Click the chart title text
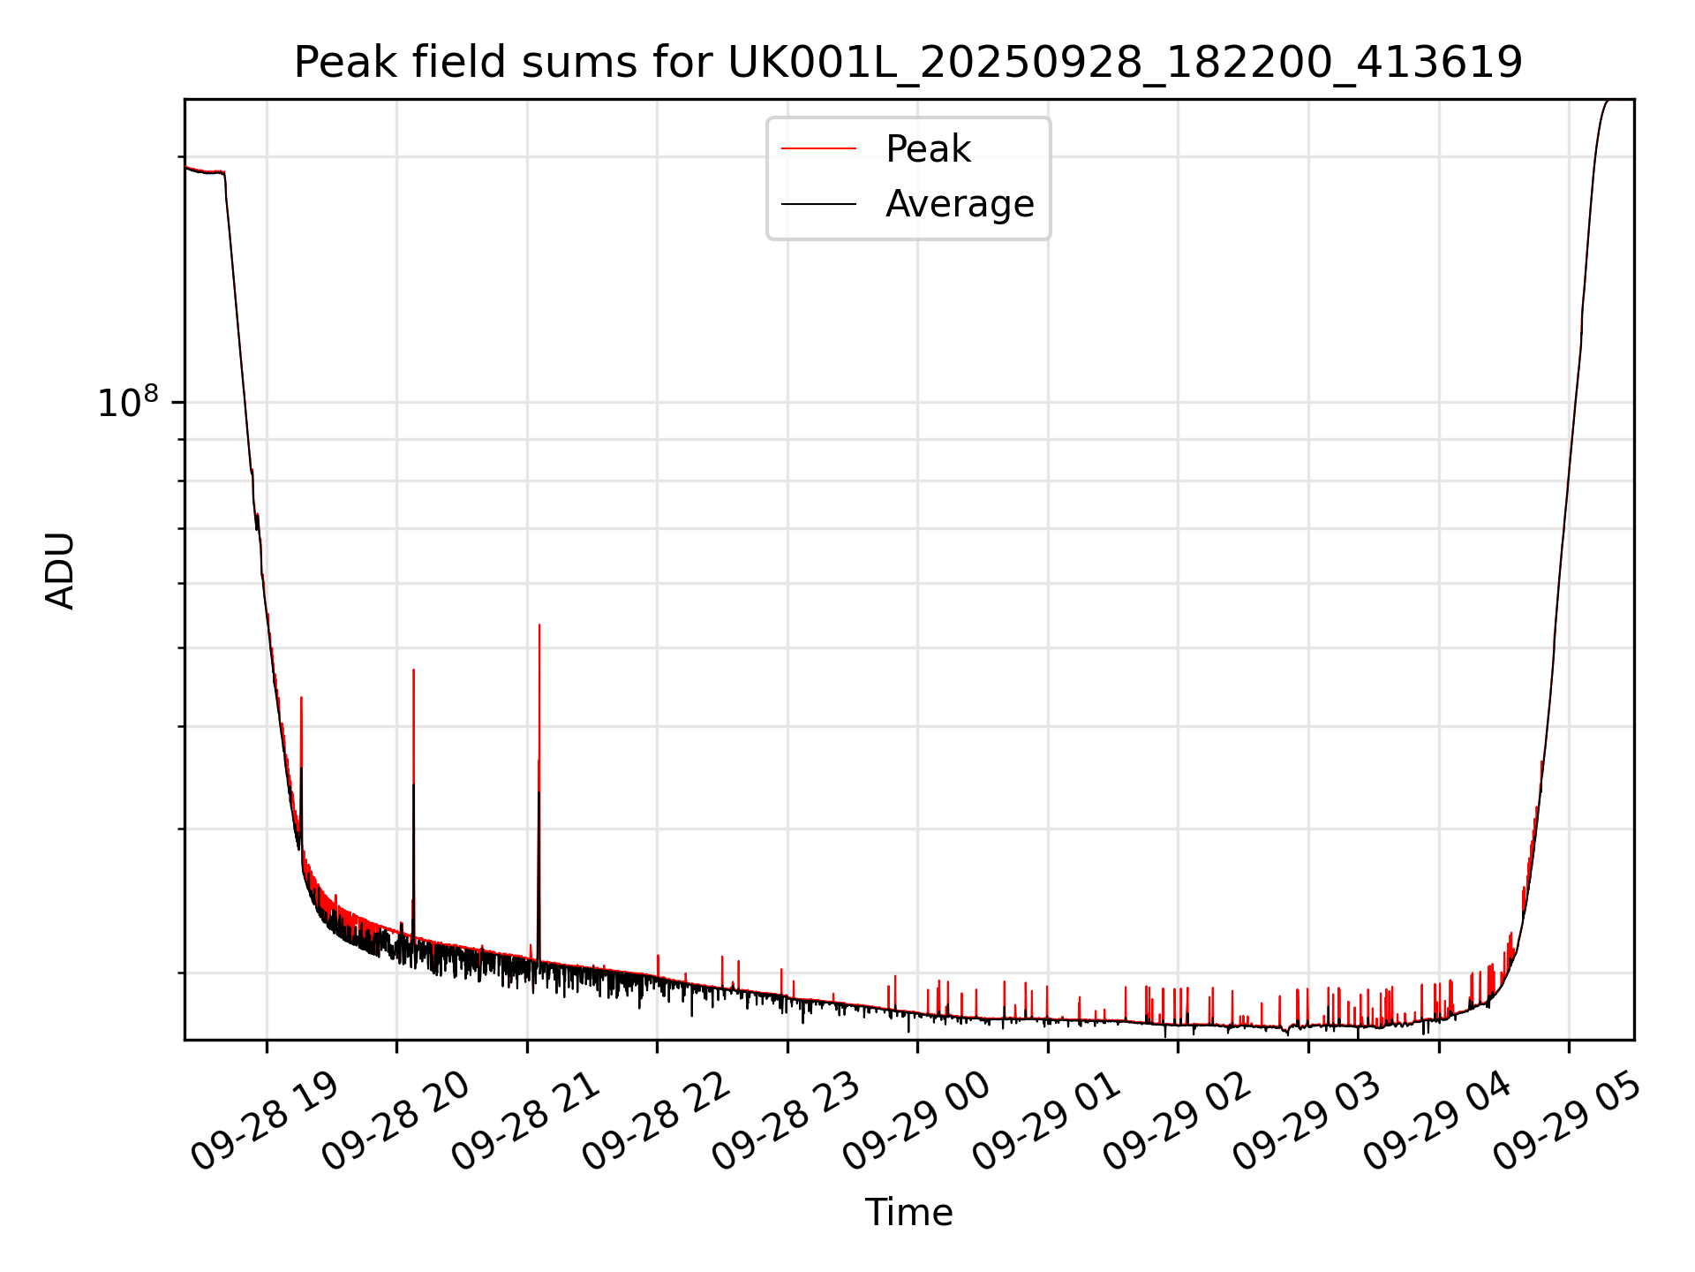pyautogui.click(x=908, y=63)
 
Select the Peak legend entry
pyautogui.click(x=927, y=149)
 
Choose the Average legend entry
pyautogui.click(x=959, y=204)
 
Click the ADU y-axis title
pyautogui.click(x=60, y=571)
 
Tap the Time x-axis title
pyautogui.click(x=908, y=1212)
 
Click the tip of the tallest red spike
pyautogui.click(x=539, y=625)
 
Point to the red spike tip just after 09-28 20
pyautogui.click(x=413, y=670)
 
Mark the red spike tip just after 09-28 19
pyautogui.click(x=301, y=698)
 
